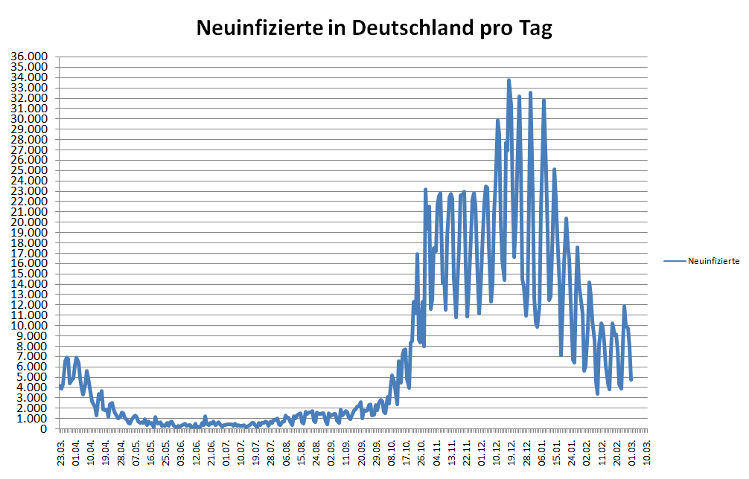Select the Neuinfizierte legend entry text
(x=713, y=261)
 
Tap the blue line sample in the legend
(x=675, y=261)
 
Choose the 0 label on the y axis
(x=45, y=429)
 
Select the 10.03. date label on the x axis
(x=647, y=452)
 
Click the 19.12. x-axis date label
(x=510, y=452)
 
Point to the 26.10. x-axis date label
(x=422, y=452)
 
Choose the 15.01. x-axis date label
(x=555, y=452)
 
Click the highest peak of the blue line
(x=509, y=80)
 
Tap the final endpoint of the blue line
(x=631, y=379)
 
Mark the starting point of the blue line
(x=61, y=386)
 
